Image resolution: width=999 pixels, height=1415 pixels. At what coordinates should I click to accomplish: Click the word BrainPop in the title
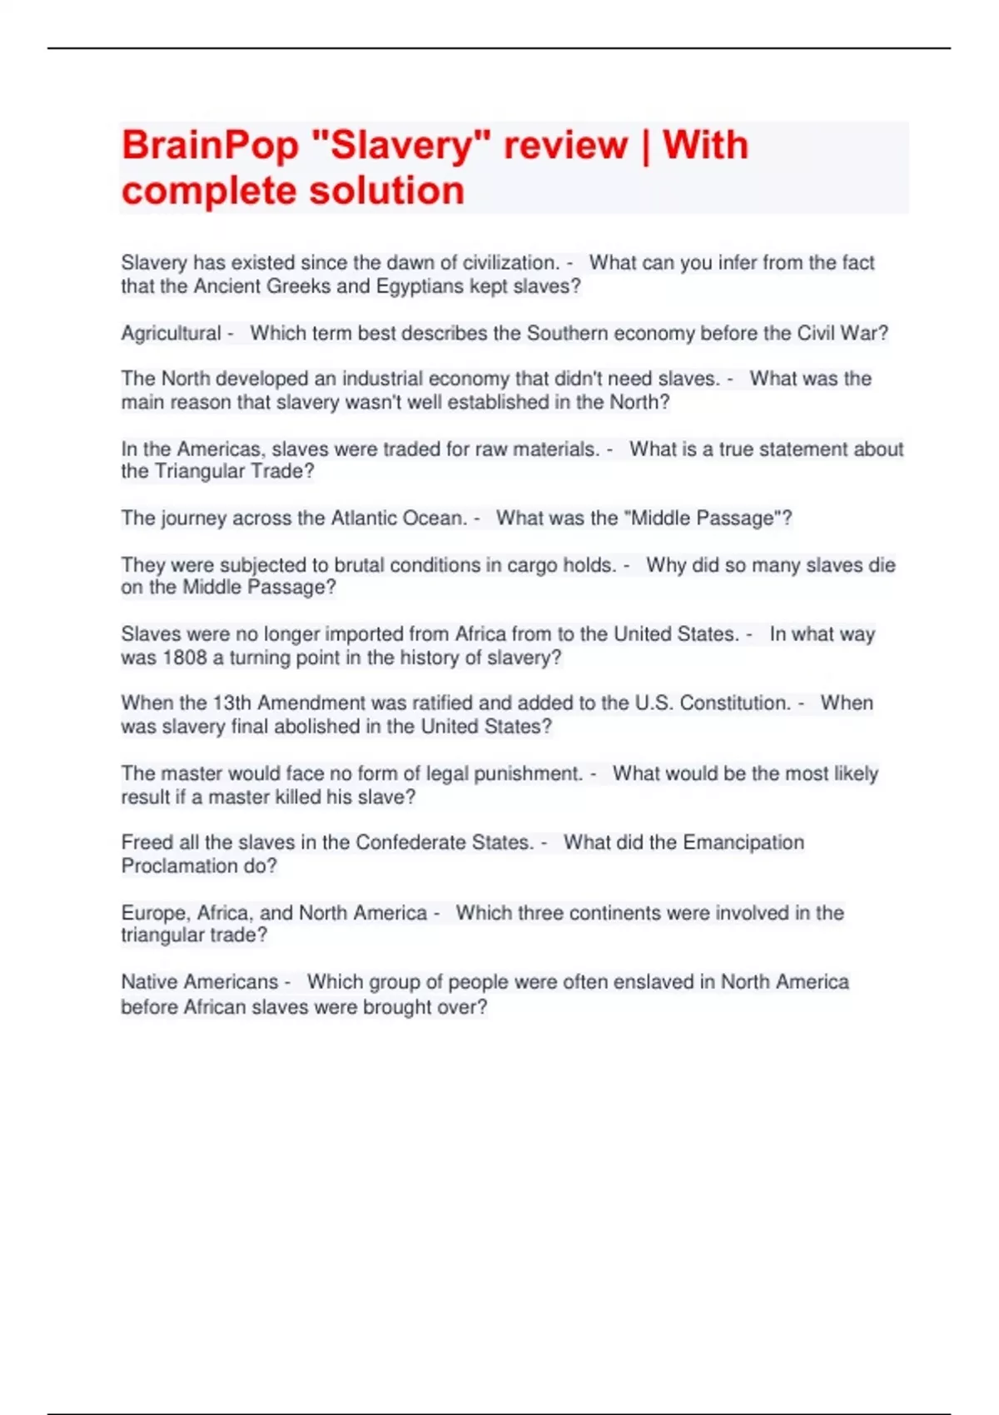[x=210, y=146]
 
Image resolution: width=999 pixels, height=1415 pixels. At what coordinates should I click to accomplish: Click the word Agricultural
[x=171, y=333]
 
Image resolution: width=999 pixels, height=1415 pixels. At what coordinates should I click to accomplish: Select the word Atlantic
[x=364, y=518]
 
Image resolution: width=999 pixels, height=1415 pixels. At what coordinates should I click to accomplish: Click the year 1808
[x=184, y=658]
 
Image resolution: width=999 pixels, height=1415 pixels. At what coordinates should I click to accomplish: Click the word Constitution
[x=735, y=703]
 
